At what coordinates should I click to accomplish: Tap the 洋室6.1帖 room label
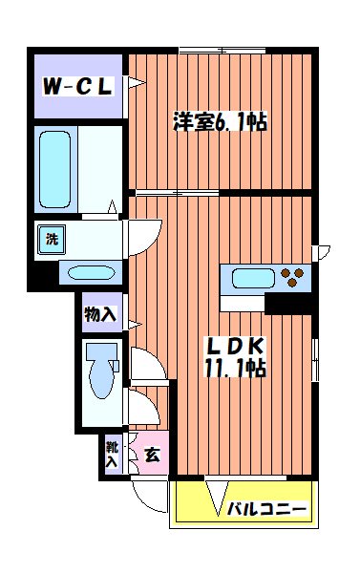click(x=219, y=122)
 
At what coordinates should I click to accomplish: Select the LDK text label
click(x=232, y=346)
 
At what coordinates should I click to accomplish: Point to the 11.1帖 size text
click(x=232, y=367)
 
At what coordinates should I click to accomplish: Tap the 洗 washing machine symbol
click(x=50, y=238)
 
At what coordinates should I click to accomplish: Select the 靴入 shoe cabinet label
click(x=113, y=454)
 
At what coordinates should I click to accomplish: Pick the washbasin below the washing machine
click(x=90, y=273)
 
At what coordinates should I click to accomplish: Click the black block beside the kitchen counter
click(x=289, y=304)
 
